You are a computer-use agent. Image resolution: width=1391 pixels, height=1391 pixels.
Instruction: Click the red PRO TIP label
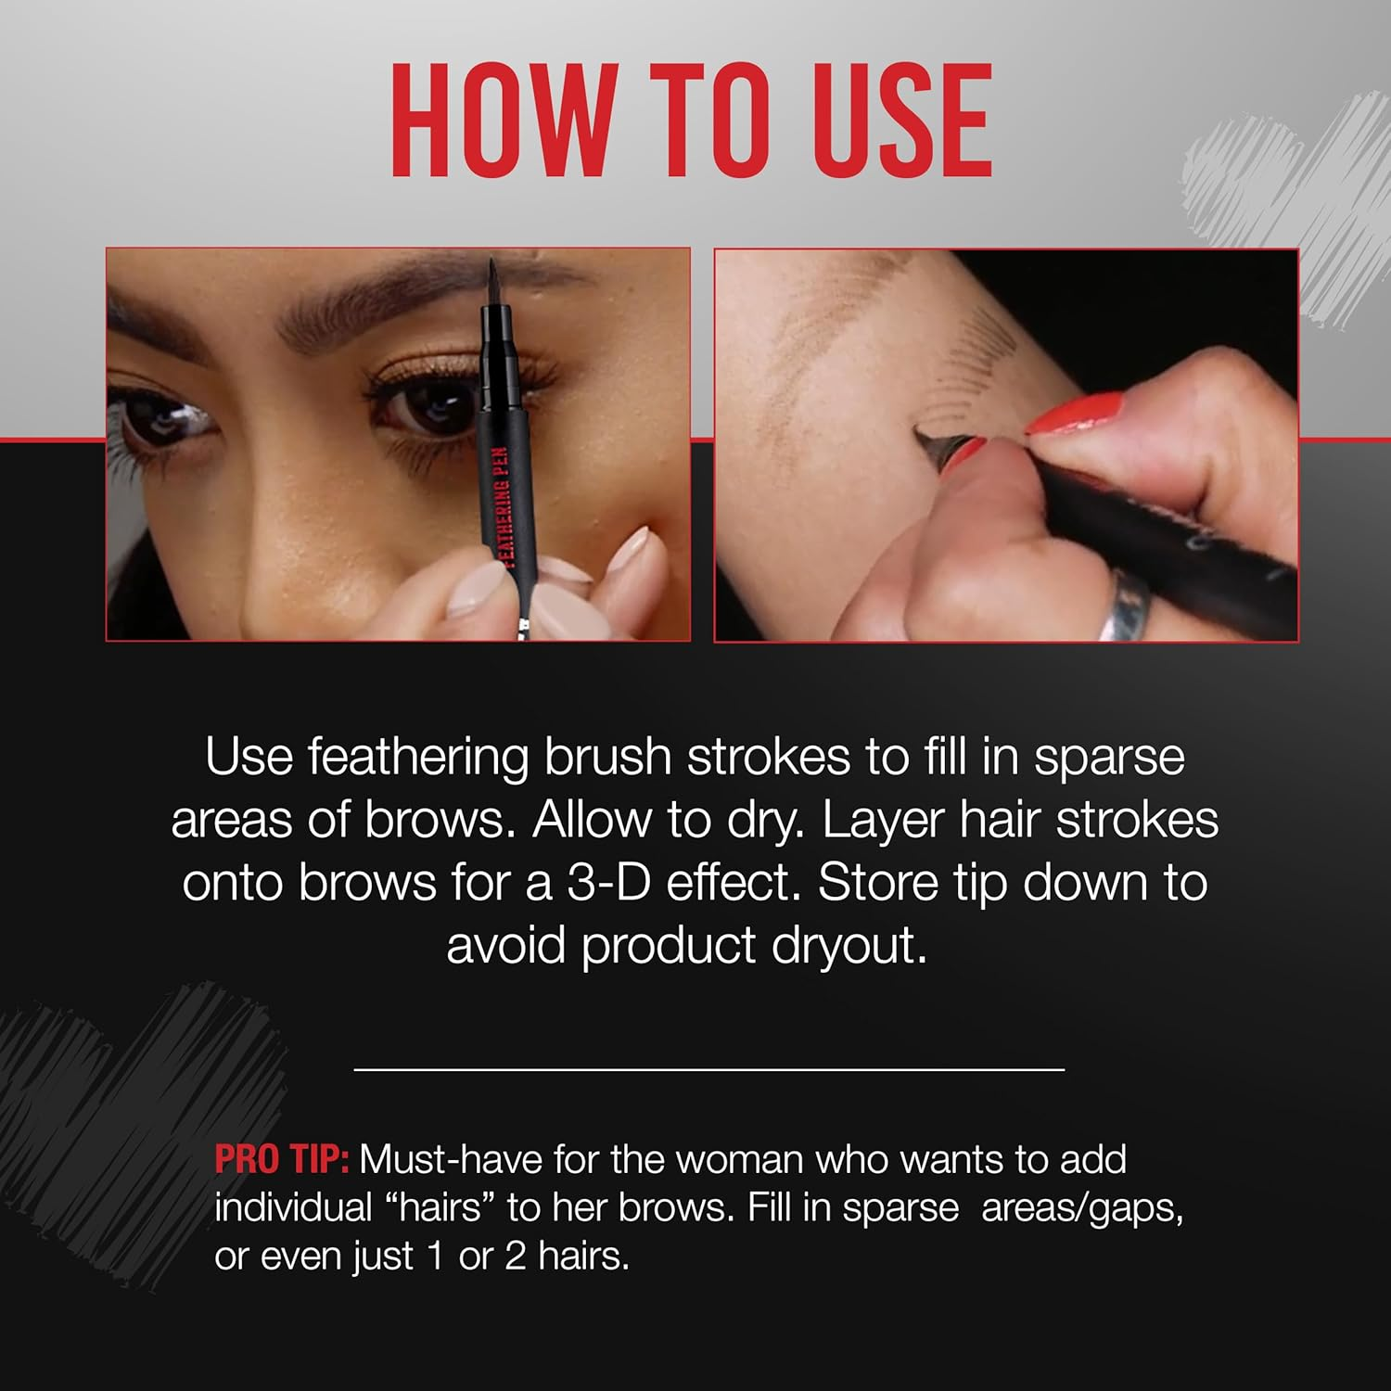coord(281,1160)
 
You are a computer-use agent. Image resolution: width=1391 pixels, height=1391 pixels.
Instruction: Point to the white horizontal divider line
coord(708,1070)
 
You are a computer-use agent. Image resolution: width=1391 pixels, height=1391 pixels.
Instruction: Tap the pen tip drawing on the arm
coord(923,434)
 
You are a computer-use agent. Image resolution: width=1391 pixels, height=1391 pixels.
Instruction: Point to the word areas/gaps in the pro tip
coord(1081,1208)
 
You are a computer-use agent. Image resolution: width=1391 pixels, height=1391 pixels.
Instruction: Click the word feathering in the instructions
coord(417,759)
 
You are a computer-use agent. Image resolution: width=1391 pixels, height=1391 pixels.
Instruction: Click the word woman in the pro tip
coord(741,1160)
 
